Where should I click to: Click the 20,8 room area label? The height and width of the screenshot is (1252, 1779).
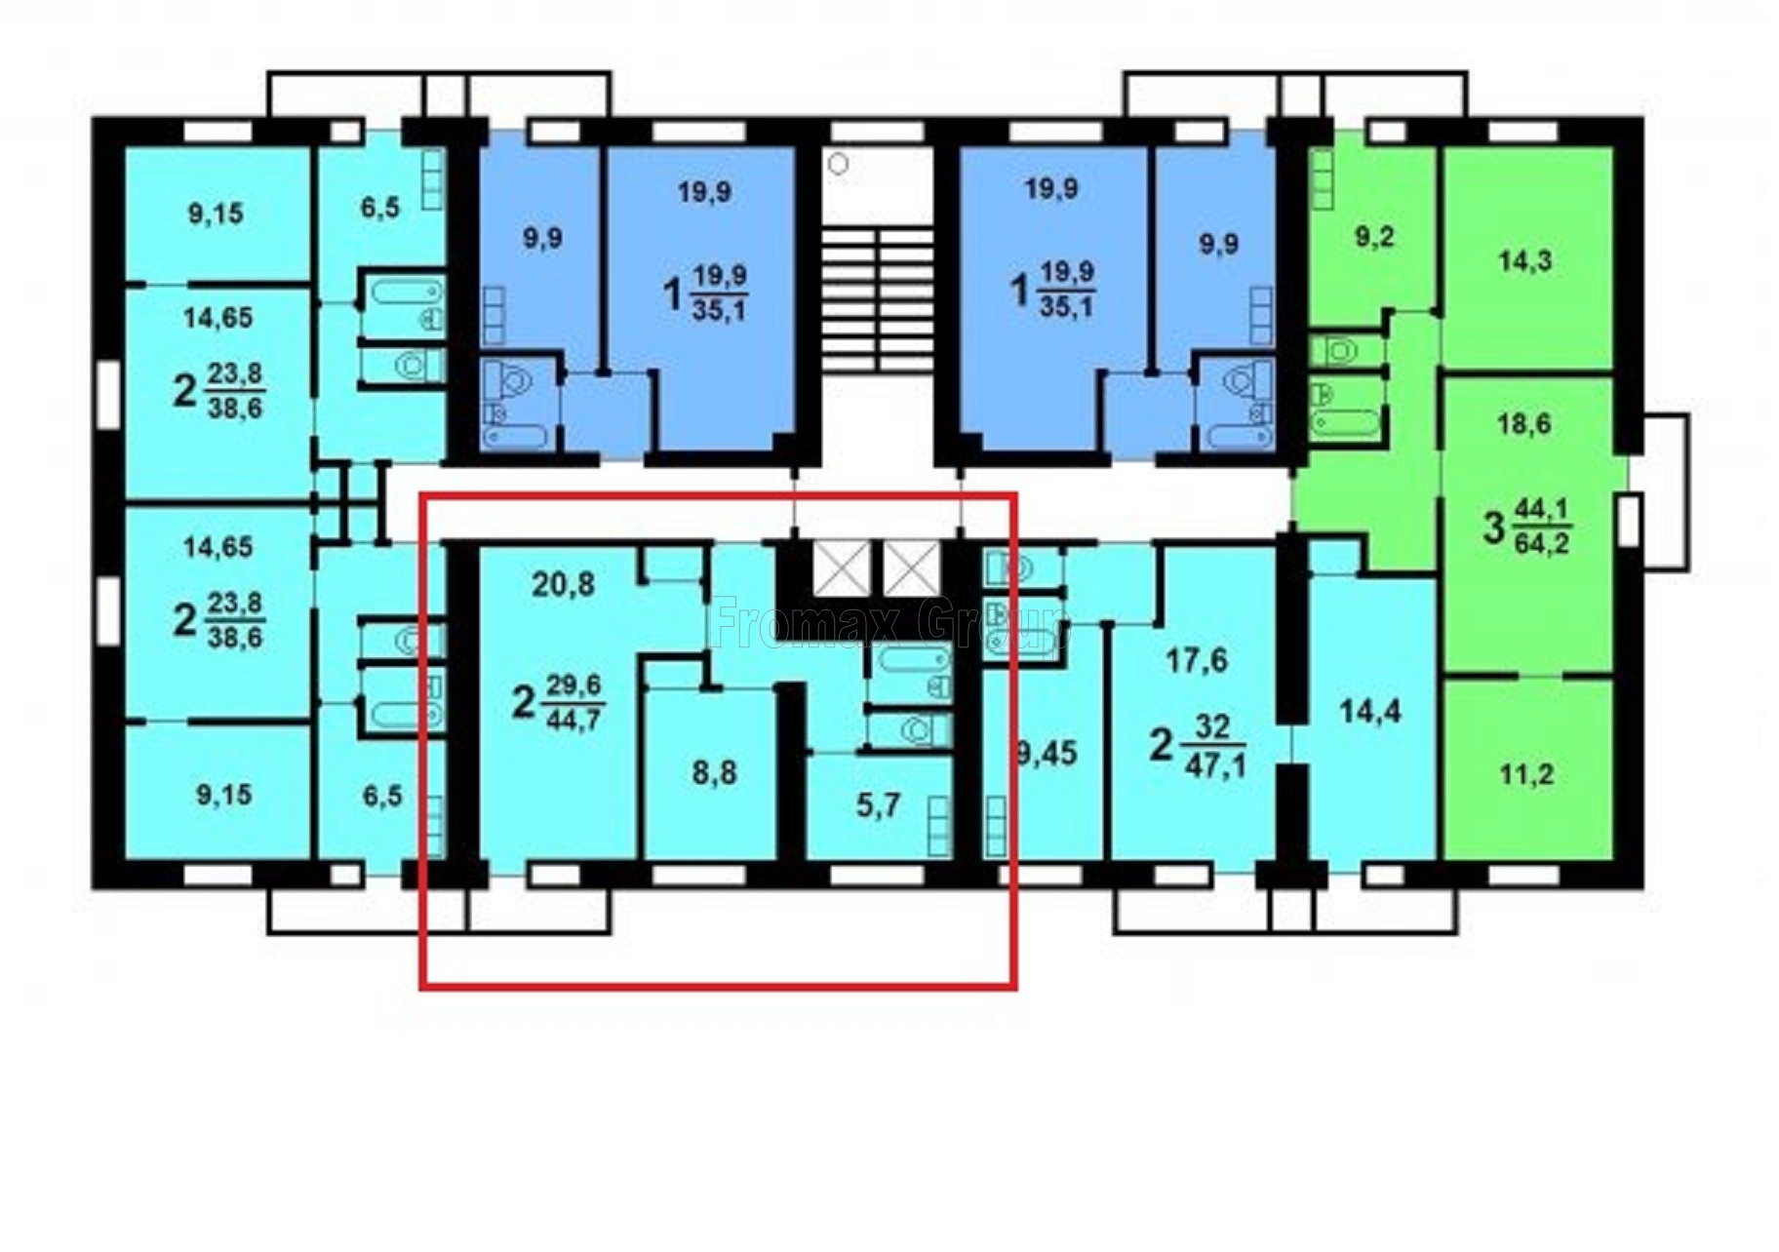click(563, 584)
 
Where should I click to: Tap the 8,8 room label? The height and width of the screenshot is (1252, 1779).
click(714, 773)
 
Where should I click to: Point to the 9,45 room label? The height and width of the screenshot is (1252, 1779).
click(1046, 753)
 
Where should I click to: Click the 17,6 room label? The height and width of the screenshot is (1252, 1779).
click(1197, 661)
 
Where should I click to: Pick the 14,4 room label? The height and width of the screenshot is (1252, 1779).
click(1370, 712)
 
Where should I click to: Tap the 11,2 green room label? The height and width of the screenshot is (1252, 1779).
click(1526, 775)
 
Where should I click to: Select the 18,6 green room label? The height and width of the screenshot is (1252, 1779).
click(1523, 424)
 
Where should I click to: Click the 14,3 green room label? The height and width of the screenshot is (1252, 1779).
click(1525, 260)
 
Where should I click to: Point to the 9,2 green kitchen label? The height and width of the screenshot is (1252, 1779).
click(1374, 237)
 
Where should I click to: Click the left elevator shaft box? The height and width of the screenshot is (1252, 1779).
click(841, 568)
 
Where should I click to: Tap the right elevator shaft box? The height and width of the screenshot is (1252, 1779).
click(912, 568)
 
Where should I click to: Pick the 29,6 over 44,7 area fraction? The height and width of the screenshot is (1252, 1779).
click(573, 702)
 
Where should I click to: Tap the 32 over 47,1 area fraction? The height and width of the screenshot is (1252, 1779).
click(1214, 747)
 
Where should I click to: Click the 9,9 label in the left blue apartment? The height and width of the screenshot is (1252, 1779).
click(541, 238)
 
